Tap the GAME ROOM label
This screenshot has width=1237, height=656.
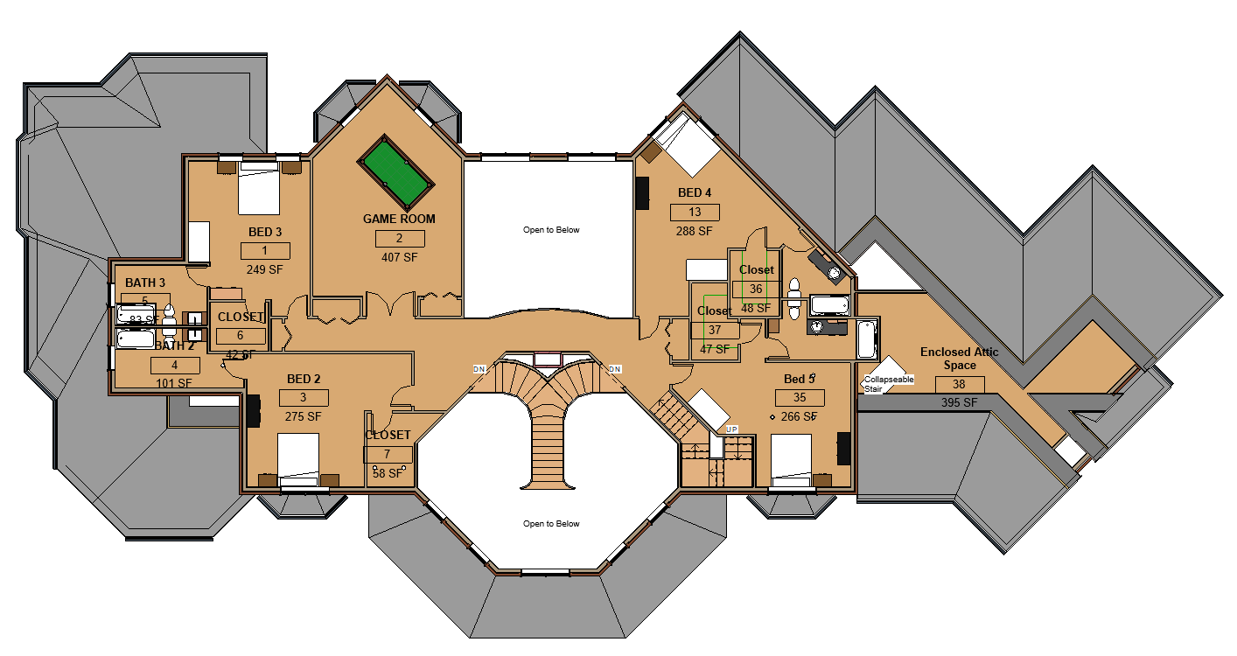(x=399, y=219)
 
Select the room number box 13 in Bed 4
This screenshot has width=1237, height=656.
(x=695, y=213)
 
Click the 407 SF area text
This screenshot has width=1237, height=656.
(x=399, y=258)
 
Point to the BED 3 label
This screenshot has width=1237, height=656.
(x=264, y=232)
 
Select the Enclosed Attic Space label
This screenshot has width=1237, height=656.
(x=959, y=358)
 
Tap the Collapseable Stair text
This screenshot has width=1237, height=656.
(x=888, y=384)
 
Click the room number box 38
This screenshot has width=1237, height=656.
(x=960, y=384)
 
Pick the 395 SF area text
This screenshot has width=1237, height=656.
(x=960, y=402)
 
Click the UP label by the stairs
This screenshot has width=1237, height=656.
(x=732, y=429)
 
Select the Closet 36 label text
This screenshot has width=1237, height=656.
(x=757, y=270)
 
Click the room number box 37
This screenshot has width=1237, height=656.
(x=715, y=330)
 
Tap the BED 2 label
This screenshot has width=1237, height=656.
(x=304, y=379)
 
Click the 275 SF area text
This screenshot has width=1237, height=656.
(x=303, y=417)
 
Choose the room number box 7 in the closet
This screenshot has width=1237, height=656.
(x=388, y=455)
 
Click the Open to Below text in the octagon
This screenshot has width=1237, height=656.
(x=551, y=524)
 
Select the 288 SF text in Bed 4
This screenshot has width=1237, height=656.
(x=695, y=232)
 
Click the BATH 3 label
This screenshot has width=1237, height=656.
(x=145, y=283)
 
